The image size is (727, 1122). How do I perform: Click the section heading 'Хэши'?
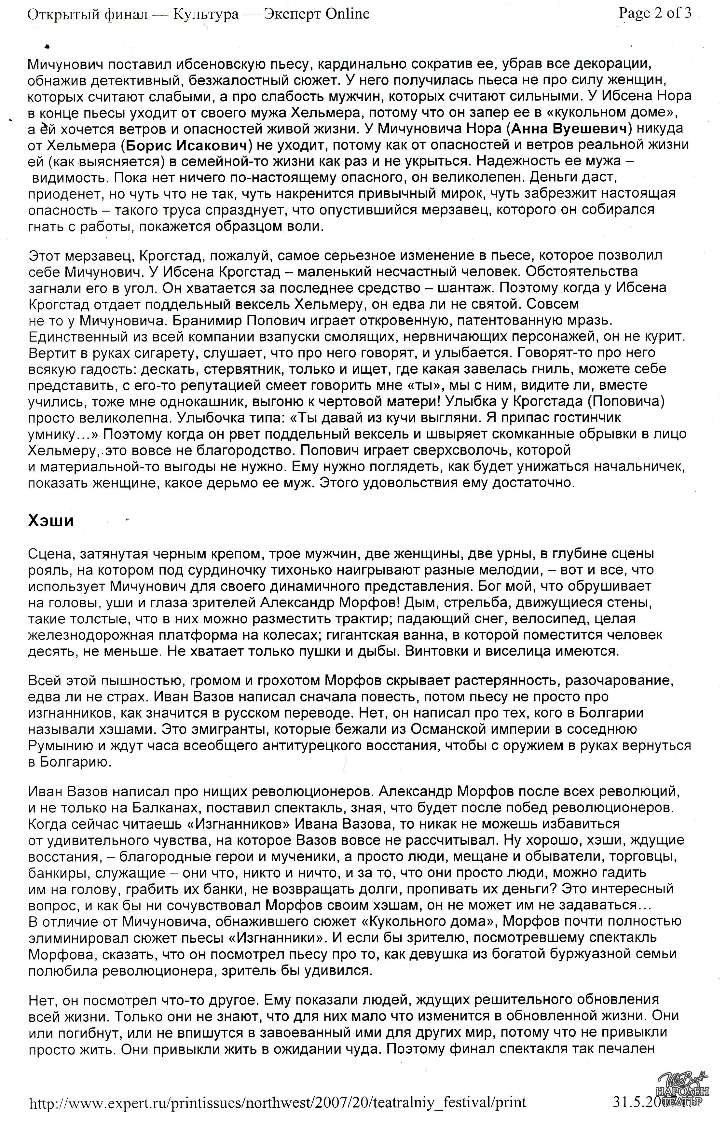pos(51,520)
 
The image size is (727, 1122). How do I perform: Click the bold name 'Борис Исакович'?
pos(187,145)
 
